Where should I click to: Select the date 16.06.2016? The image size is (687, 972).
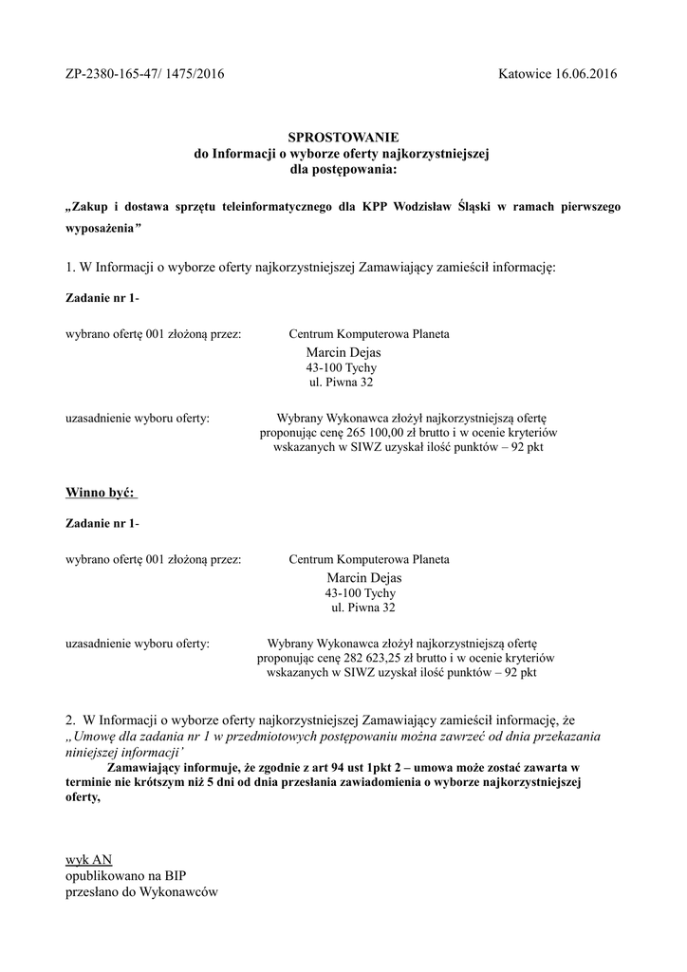click(x=583, y=75)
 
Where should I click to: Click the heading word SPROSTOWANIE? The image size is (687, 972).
click(x=343, y=138)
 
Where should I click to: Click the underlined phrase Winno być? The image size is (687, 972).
click(x=101, y=492)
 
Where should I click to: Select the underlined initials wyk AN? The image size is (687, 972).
click(x=88, y=859)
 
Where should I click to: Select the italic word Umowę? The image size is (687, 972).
click(x=100, y=736)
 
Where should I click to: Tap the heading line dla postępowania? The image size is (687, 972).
click(x=343, y=169)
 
